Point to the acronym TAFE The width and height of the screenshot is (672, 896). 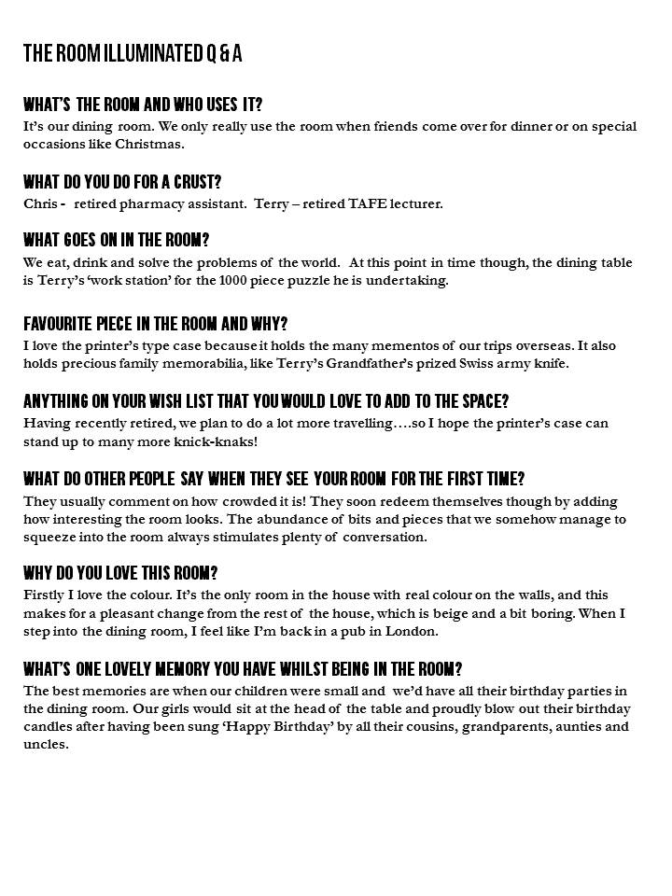point(357,203)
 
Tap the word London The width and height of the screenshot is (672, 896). point(413,631)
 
